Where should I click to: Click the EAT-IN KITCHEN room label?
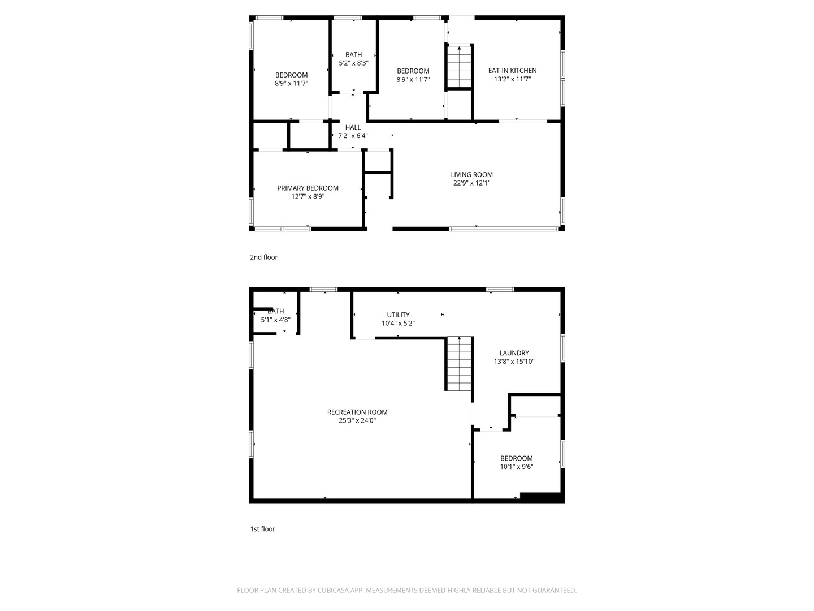pos(512,71)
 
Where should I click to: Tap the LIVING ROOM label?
pos(471,174)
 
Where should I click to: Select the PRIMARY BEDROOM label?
pos(308,188)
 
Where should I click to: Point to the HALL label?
pos(353,127)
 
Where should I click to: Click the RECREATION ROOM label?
pos(357,412)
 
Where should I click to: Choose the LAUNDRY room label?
pos(514,353)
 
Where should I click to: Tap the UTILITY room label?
pos(399,315)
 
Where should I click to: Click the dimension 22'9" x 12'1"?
pos(471,183)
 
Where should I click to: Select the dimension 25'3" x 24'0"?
pos(357,420)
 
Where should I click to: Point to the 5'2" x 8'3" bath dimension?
pos(353,63)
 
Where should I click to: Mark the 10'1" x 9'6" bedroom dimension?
pos(517,467)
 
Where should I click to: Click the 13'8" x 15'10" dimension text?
pos(514,362)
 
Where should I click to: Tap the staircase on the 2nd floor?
pos(459,67)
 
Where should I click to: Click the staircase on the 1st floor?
pos(459,364)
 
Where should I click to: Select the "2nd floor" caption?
pos(263,257)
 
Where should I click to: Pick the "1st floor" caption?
pos(262,529)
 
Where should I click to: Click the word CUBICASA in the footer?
pos(332,590)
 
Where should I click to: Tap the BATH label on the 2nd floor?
pos(353,54)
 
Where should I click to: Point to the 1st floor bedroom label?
pos(517,458)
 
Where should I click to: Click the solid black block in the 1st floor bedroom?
pos(540,496)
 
